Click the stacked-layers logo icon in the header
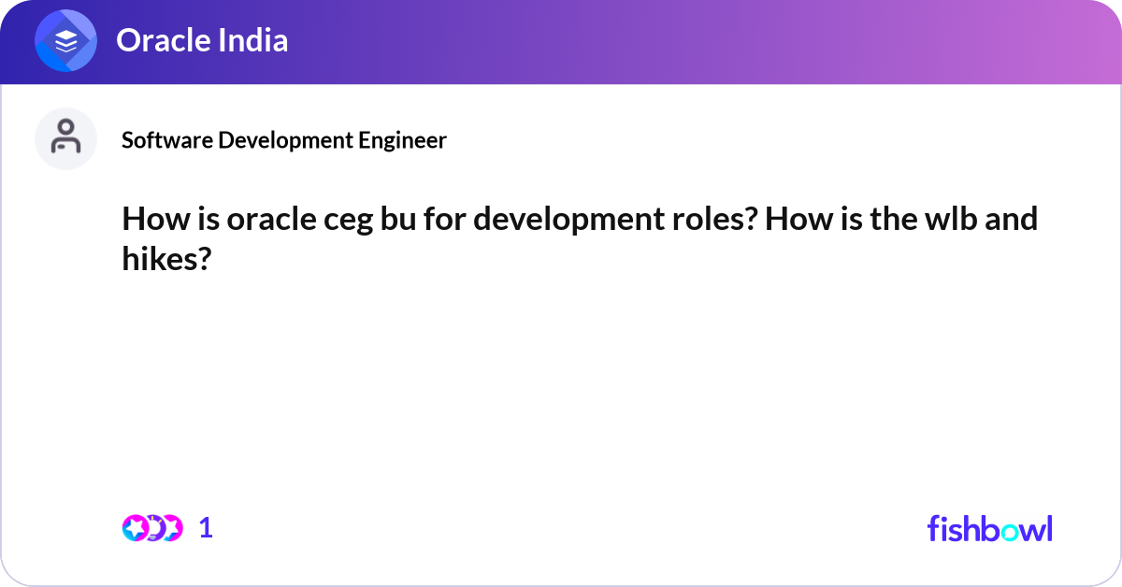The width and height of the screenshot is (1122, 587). pyautogui.click(x=65, y=41)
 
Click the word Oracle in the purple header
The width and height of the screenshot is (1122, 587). pyautogui.click(x=159, y=40)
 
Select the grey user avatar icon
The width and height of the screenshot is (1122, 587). pyautogui.click(x=65, y=138)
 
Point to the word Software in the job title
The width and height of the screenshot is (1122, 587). pyautogui.click(x=166, y=140)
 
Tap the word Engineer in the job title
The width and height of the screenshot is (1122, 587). pyautogui.click(x=403, y=140)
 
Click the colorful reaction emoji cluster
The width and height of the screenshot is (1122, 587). pyautogui.click(x=151, y=528)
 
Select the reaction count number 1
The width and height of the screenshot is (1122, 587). pyautogui.click(x=206, y=528)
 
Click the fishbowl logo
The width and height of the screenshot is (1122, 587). pyautogui.click(x=989, y=528)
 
